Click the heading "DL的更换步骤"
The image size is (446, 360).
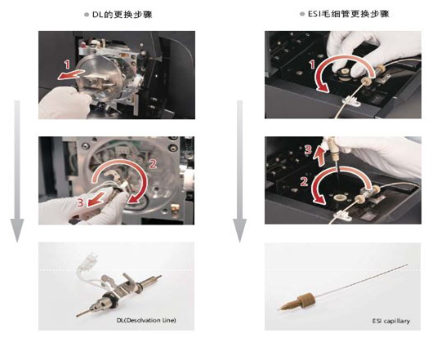(x=122, y=15)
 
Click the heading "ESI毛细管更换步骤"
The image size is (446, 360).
(x=348, y=14)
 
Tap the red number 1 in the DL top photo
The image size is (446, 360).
(x=67, y=64)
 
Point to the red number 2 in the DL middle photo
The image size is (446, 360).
(x=153, y=164)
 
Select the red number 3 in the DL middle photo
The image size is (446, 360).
(x=80, y=202)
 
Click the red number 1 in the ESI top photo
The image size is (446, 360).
(x=312, y=64)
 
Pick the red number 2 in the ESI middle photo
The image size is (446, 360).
(x=304, y=181)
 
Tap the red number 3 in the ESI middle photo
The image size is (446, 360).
(x=308, y=150)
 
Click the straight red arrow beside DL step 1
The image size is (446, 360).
(x=71, y=74)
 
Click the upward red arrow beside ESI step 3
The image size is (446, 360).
(x=320, y=155)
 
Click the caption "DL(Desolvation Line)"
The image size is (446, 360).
(x=146, y=320)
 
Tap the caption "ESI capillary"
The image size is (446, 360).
(x=391, y=321)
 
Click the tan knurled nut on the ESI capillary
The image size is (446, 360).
(x=306, y=299)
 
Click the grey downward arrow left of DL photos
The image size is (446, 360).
(x=17, y=171)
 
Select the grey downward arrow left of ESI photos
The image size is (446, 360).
(x=240, y=171)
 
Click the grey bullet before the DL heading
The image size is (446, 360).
(x=87, y=15)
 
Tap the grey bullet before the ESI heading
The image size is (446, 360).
(x=302, y=14)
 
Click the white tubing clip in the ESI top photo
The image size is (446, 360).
(x=351, y=101)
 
